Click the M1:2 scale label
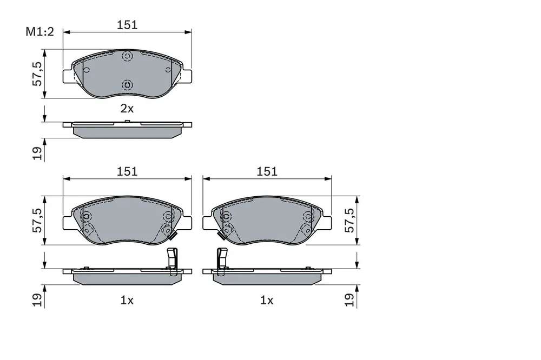pos(40,32)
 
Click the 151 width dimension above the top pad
pos(127,25)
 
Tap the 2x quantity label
pos(127,109)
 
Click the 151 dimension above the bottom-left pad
pos(127,171)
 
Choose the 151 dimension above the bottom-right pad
pos(267,171)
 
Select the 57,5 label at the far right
pos(349,220)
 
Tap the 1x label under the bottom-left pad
pos(127,301)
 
